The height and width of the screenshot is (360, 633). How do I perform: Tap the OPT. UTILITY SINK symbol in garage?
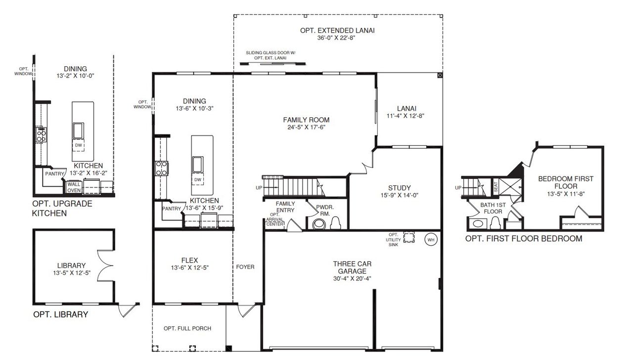(x=409, y=238)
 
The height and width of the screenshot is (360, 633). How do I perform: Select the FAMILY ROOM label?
(x=306, y=120)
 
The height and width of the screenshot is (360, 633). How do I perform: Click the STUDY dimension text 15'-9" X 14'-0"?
(x=399, y=195)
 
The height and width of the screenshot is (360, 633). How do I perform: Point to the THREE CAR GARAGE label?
(x=352, y=268)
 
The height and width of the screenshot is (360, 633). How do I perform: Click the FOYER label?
(x=245, y=267)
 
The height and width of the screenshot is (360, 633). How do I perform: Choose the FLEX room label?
(x=189, y=260)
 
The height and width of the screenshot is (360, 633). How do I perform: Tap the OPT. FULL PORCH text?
(x=187, y=328)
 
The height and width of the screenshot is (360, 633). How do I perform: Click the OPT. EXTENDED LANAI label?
(x=337, y=30)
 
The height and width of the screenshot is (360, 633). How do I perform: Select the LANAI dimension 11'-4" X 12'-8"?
(x=406, y=116)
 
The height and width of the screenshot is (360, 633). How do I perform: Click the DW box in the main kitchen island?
(x=198, y=180)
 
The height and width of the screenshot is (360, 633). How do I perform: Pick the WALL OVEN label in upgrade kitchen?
(x=74, y=187)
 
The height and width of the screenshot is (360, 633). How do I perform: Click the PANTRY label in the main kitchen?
(x=171, y=209)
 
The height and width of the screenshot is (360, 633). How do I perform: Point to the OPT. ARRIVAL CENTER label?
(x=275, y=219)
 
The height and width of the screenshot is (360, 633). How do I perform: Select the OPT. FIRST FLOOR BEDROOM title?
(x=524, y=239)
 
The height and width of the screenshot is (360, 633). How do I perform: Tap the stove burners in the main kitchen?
(x=161, y=169)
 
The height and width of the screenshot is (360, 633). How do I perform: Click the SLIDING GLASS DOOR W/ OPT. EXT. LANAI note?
(x=271, y=55)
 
